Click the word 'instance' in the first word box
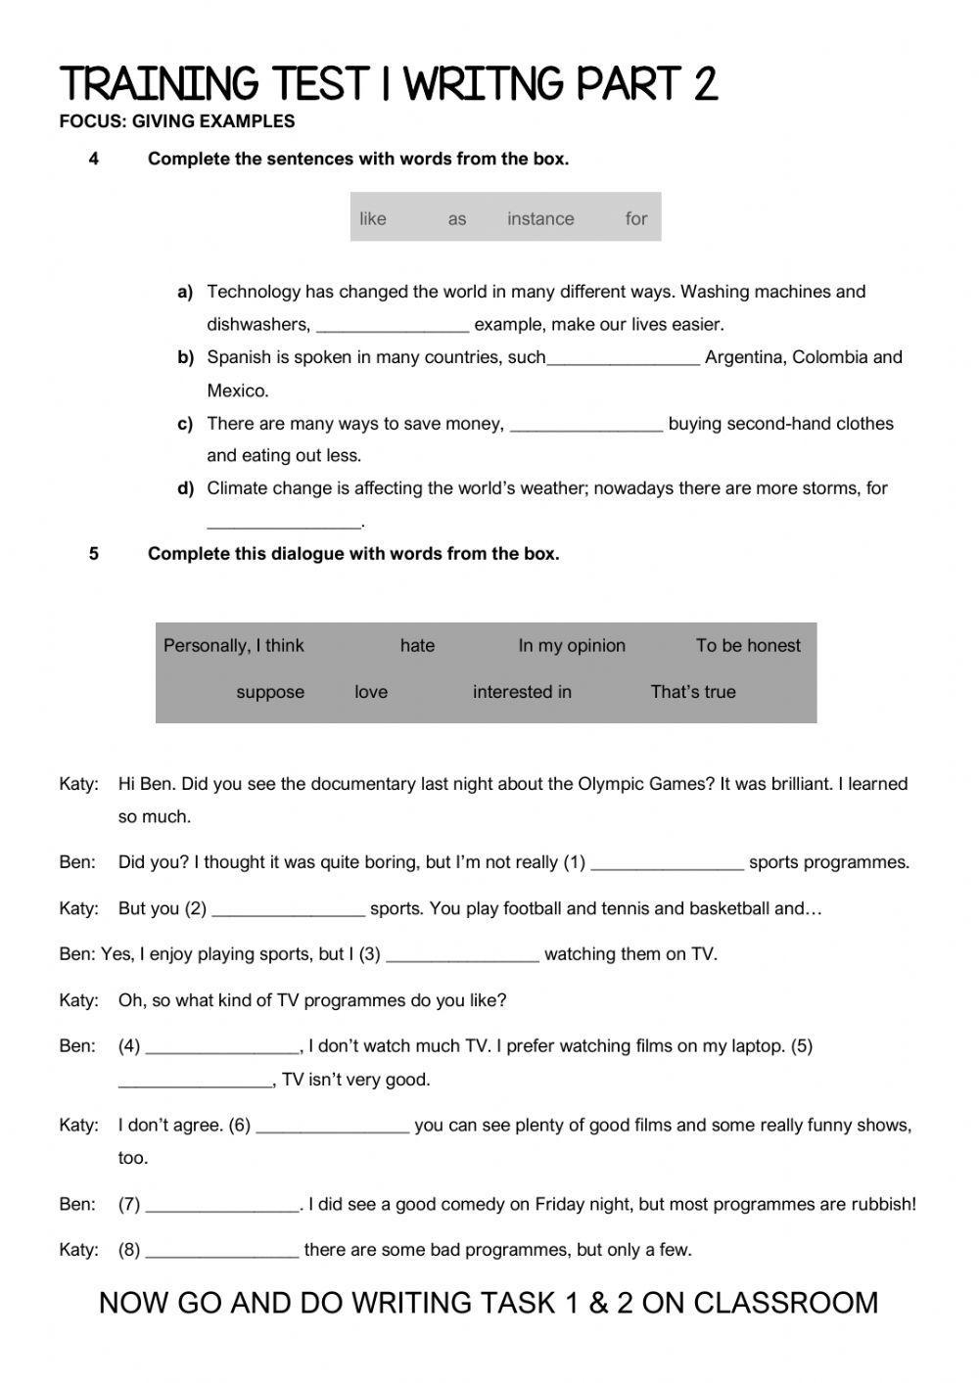click(540, 219)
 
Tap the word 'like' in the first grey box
click(372, 219)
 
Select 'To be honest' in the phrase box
click(748, 646)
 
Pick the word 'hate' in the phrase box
click(417, 646)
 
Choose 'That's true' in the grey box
click(693, 692)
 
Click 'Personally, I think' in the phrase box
click(234, 646)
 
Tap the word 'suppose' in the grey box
click(270, 692)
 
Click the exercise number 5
click(94, 554)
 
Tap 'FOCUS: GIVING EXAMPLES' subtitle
click(177, 122)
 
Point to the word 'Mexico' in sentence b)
click(237, 392)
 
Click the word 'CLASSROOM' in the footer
click(786, 1304)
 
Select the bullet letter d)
click(186, 488)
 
